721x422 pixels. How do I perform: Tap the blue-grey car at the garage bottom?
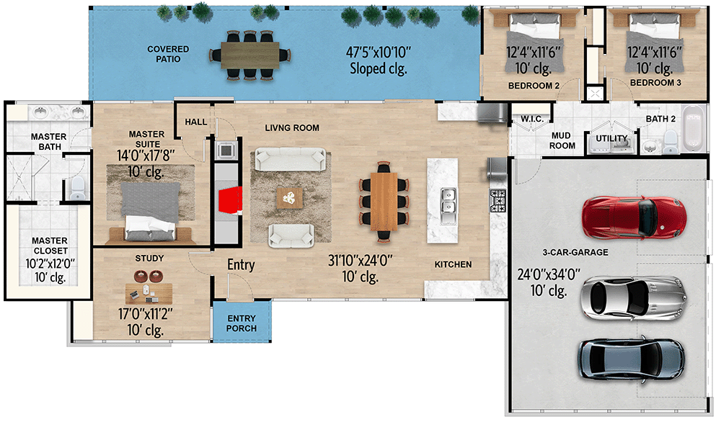(x=629, y=358)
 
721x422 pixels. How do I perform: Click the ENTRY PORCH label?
(x=242, y=323)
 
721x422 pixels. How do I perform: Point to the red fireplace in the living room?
(x=229, y=201)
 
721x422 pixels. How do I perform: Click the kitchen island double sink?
(x=448, y=200)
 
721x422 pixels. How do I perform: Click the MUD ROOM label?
(x=562, y=140)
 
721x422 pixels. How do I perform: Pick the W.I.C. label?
(x=531, y=119)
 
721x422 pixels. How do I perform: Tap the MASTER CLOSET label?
(x=50, y=246)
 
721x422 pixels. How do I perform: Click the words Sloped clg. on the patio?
(x=379, y=69)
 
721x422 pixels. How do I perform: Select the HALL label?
(x=195, y=123)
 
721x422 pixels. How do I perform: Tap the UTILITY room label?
(x=611, y=139)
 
